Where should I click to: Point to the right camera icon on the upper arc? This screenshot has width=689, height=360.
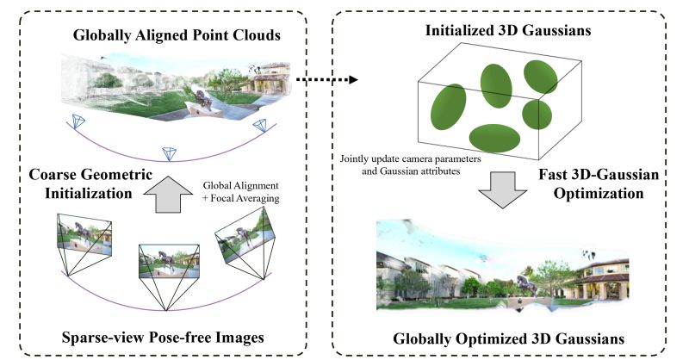click(260, 127)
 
